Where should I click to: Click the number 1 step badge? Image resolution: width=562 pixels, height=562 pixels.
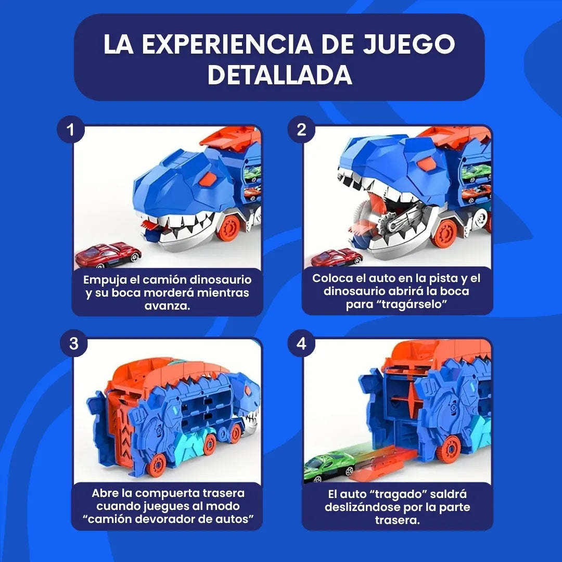click(71, 130)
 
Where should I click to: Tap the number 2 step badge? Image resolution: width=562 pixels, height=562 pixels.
click(301, 130)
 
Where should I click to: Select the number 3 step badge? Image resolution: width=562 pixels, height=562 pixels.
click(73, 343)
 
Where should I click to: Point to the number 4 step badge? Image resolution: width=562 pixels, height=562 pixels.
click(301, 343)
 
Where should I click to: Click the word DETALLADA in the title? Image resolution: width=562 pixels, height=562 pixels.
click(280, 75)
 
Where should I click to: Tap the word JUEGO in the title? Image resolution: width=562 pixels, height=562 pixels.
click(409, 44)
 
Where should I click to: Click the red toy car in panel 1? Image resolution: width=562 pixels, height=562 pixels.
click(108, 255)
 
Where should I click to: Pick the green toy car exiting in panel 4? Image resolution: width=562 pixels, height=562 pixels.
click(329, 467)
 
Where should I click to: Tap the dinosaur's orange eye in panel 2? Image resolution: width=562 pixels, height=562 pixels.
click(426, 164)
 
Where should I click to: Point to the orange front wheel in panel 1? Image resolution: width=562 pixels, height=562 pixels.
click(228, 227)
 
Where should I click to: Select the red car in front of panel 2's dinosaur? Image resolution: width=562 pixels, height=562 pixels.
click(337, 258)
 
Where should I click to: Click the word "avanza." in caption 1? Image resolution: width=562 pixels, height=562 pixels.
click(167, 306)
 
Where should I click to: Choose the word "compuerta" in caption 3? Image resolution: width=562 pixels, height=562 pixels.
click(169, 493)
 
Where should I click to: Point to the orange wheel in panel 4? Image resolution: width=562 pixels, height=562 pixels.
click(448, 449)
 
